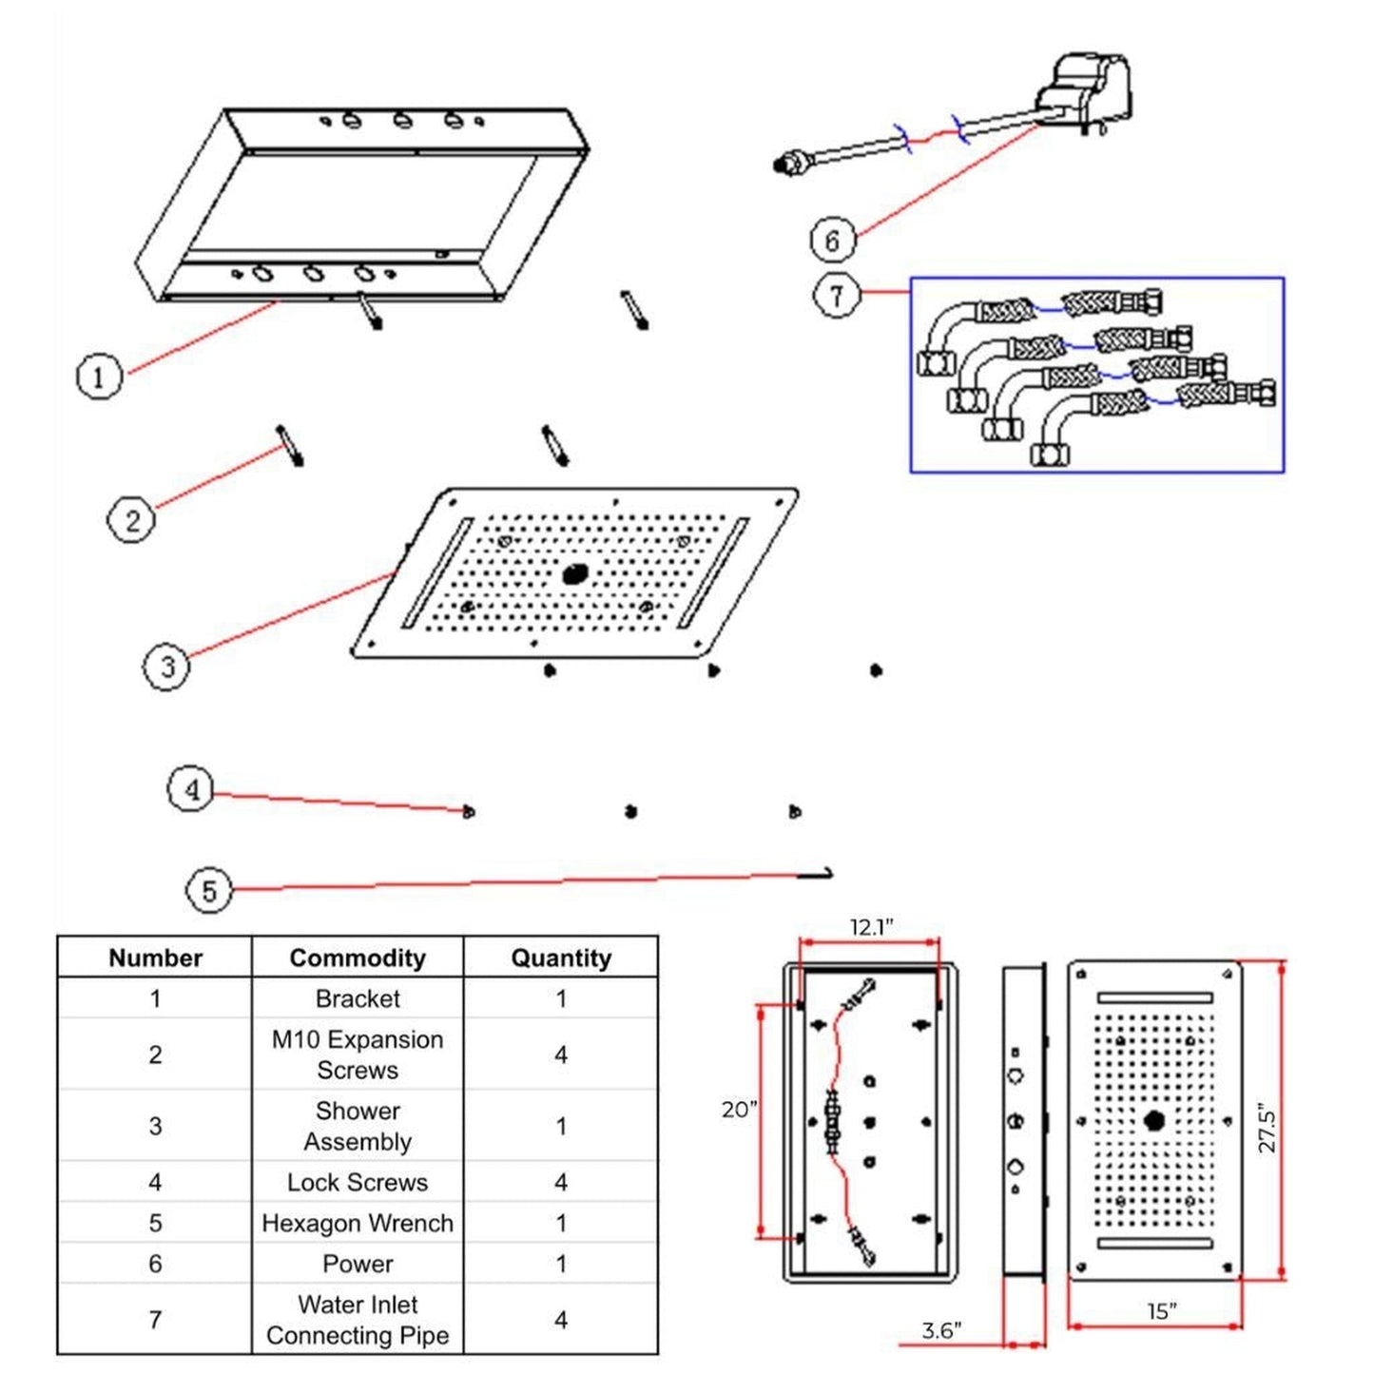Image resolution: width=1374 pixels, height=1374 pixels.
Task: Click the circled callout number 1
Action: click(x=99, y=376)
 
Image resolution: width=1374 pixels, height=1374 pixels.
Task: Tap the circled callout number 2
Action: click(x=131, y=520)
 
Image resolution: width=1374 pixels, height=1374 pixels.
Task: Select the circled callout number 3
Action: click(x=166, y=666)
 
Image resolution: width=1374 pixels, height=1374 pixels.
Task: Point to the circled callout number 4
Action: click(x=191, y=789)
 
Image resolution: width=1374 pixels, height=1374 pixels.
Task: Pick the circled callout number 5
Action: click(x=208, y=891)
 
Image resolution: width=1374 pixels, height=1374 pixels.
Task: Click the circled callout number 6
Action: click(x=833, y=241)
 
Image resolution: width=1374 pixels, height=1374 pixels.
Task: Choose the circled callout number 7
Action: click(x=837, y=295)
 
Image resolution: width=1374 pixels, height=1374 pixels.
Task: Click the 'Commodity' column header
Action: click(x=358, y=958)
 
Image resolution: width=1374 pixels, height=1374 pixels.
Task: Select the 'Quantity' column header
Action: click(x=561, y=958)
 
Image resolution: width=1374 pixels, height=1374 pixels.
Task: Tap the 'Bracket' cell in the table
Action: click(x=358, y=998)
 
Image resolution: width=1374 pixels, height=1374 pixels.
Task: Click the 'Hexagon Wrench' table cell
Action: click(x=358, y=1223)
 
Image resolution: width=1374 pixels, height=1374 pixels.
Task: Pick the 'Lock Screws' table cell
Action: click(x=358, y=1182)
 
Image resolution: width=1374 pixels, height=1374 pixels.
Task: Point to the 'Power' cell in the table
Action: click(x=358, y=1264)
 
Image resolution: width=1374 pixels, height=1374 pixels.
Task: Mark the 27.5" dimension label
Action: click(x=1267, y=1128)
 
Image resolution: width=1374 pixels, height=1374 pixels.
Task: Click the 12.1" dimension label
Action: click(x=871, y=927)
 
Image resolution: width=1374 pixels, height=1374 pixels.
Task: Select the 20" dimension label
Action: click(x=739, y=1110)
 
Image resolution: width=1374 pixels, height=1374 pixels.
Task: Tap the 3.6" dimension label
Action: click(x=941, y=1330)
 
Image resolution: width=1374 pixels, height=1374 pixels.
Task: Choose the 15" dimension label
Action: click(x=1161, y=1311)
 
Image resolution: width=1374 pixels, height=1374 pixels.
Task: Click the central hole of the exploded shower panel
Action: click(x=575, y=573)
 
